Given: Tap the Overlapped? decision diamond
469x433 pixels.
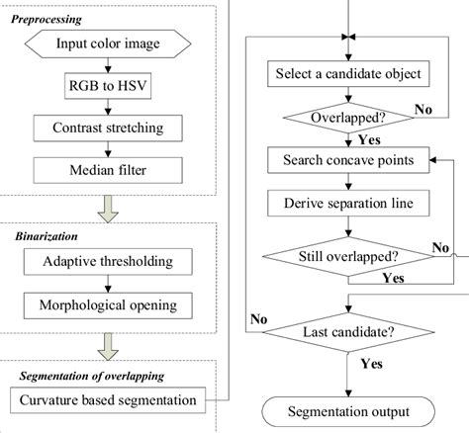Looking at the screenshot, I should point(346,118).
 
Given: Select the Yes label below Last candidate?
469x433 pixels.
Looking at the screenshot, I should point(370,364).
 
